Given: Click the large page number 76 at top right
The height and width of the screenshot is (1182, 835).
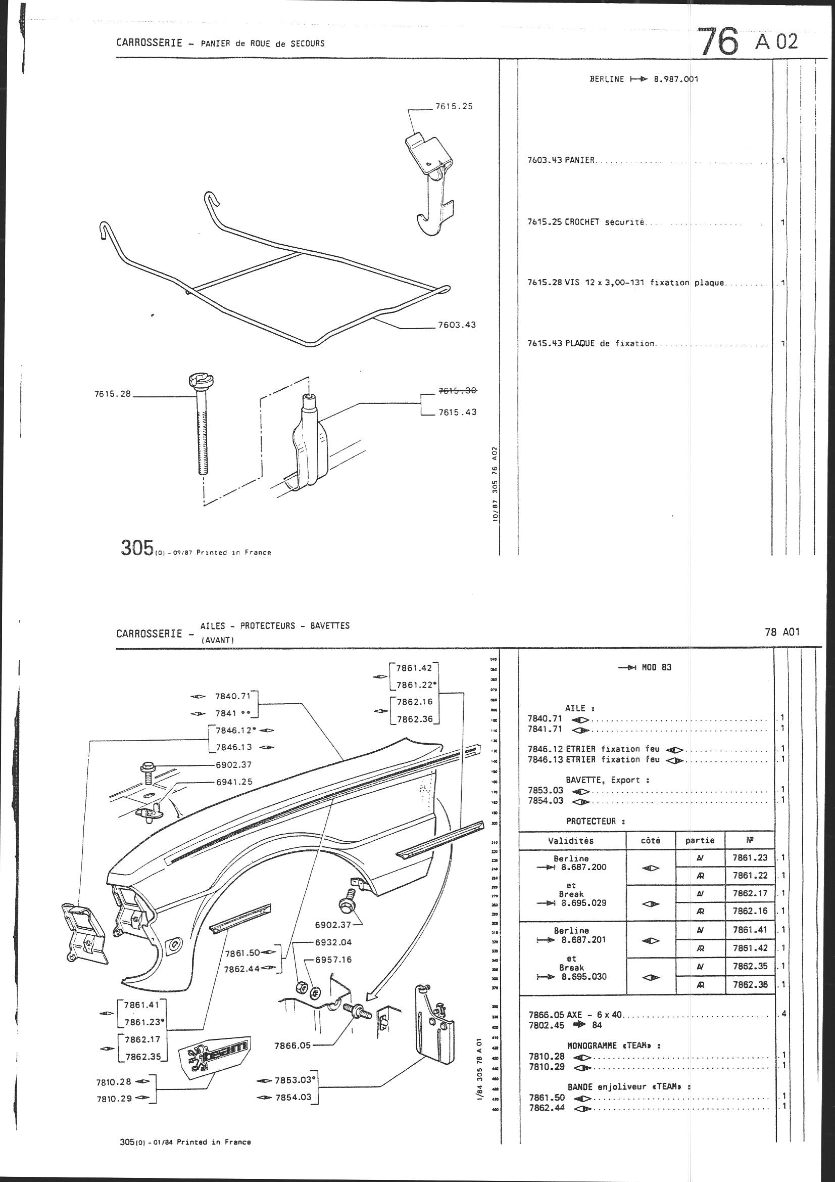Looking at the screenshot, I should point(719,42).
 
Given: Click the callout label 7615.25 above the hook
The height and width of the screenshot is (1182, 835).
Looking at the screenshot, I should point(453,107).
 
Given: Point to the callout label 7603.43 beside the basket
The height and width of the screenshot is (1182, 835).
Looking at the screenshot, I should point(456,325).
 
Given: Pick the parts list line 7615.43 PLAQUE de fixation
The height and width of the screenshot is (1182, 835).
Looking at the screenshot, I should point(592,343).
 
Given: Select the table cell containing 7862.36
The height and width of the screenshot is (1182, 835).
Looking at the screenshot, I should point(750,985).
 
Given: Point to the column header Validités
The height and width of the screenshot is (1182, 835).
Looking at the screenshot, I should point(571,841).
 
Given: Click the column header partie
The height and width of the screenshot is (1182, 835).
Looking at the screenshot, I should point(700,841).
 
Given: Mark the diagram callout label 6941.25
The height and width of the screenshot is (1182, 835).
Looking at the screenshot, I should point(234,782).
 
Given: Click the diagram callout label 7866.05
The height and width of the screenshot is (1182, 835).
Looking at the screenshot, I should point(293,1045).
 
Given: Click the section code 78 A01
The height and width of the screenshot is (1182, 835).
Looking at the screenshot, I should point(782,632).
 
